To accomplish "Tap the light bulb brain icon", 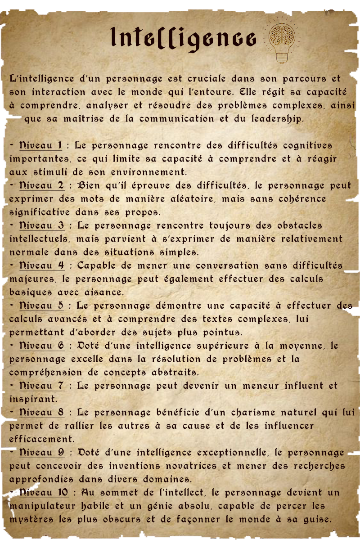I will (x=282, y=39).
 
